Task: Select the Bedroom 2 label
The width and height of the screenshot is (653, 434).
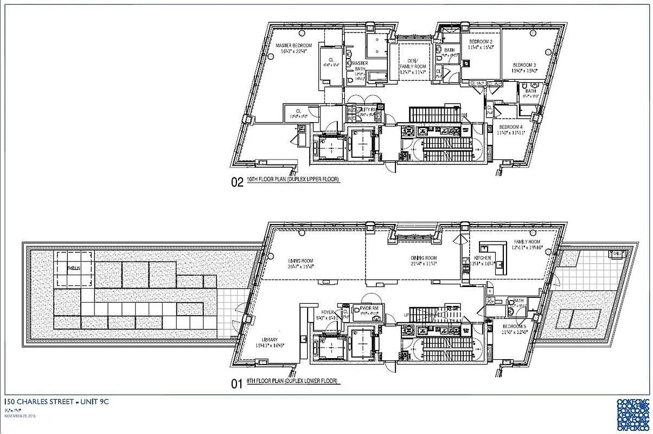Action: click(481, 42)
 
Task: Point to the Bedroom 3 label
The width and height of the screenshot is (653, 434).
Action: click(524, 65)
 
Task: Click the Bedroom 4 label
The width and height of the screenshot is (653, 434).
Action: click(509, 126)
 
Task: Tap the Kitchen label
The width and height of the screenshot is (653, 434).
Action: click(482, 258)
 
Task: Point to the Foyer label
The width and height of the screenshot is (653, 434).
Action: click(327, 312)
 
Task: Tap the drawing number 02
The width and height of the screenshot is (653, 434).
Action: click(237, 183)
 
